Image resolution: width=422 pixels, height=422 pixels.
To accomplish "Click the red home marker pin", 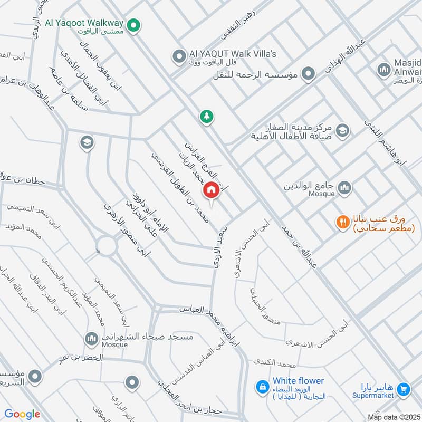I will [x=211, y=190].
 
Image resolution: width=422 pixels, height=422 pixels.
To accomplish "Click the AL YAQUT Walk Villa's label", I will [x=233, y=54].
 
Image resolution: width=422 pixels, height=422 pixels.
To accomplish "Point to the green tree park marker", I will [x=206, y=117].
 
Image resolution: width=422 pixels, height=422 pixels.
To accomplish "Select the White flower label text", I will [x=298, y=381].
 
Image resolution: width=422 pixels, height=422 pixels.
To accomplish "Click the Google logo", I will [x=22, y=414].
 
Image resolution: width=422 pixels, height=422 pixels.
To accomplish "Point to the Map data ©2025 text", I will [x=393, y=417].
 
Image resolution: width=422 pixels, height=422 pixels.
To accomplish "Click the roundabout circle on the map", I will [x=106, y=245].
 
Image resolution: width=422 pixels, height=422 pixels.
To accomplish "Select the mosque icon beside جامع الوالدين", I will [x=344, y=187].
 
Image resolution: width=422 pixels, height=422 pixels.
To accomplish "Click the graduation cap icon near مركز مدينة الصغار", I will [x=343, y=130].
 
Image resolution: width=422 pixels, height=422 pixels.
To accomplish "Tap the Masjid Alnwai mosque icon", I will [x=383, y=69].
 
